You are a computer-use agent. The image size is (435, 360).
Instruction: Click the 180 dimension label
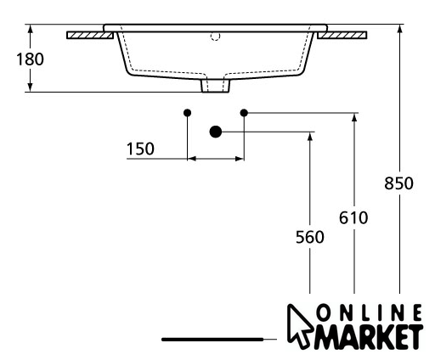click(x=30, y=59)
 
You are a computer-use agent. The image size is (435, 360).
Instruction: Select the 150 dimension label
click(x=140, y=149)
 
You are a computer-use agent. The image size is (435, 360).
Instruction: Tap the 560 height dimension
click(x=310, y=237)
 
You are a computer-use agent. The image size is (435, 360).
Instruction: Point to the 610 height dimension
click(x=353, y=218)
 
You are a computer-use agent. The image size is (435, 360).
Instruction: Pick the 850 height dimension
click(x=398, y=183)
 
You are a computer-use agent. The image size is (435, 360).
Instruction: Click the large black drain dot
click(x=216, y=132)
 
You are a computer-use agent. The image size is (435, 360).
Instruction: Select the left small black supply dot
click(x=187, y=113)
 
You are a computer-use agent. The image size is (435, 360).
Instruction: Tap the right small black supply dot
click(x=244, y=113)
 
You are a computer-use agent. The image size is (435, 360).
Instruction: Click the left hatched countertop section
click(x=90, y=35)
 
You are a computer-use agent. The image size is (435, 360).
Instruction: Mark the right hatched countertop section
click(x=342, y=35)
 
